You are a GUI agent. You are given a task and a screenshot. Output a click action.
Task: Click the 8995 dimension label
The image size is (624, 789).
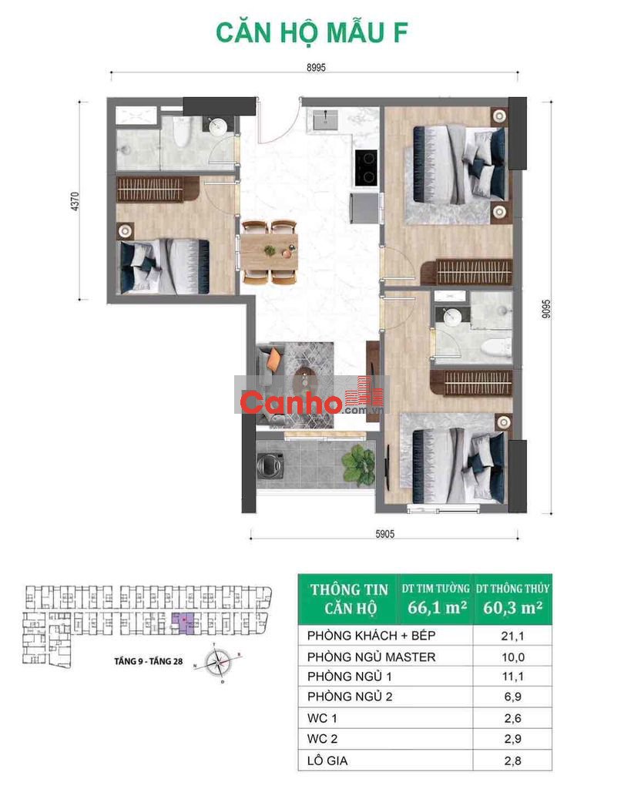(316, 68)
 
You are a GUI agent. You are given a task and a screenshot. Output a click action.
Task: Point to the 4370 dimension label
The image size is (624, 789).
(75, 201)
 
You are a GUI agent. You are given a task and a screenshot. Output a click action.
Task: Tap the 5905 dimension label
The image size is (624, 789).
(385, 534)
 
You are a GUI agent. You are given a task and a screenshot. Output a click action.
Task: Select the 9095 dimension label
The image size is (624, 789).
(546, 309)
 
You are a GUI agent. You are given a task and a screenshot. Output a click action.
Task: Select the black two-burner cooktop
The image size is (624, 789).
(366, 167)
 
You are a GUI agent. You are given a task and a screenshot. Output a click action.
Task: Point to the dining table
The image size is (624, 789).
(269, 251)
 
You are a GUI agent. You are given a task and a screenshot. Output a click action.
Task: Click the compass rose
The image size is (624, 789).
(219, 663)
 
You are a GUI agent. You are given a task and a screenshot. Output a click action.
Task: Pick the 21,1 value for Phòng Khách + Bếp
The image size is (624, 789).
(512, 636)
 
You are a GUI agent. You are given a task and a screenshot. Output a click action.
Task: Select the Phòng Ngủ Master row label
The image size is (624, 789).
(371, 656)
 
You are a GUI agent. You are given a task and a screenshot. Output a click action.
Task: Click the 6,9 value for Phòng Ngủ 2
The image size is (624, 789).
(512, 697)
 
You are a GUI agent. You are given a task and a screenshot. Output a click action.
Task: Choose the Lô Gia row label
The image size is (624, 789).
(327, 760)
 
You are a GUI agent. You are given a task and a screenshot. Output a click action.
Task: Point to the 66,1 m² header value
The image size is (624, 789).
(437, 607)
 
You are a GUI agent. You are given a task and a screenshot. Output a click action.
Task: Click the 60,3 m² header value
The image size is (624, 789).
(513, 607)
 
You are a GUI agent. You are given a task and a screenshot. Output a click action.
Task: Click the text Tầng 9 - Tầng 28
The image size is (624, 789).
(149, 661)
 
